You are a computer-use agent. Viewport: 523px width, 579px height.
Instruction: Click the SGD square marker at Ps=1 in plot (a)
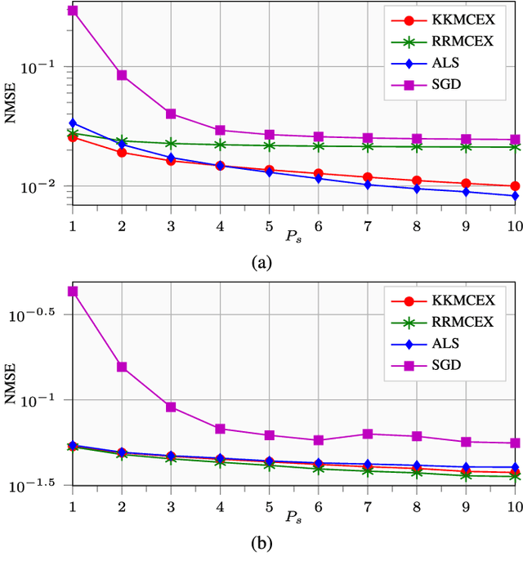[x=73, y=11]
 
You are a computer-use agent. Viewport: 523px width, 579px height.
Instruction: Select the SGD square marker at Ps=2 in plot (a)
[x=122, y=75]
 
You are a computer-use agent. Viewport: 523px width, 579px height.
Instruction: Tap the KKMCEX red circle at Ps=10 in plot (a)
[x=515, y=186]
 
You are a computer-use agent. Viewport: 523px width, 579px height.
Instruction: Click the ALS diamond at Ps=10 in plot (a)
[x=515, y=196]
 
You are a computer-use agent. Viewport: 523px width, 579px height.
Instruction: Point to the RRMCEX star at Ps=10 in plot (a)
[x=515, y=147]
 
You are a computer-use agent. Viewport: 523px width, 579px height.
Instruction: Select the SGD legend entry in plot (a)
[x=448, y=82]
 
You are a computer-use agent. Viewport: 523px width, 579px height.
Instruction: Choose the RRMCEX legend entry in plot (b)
[x=448, y=322]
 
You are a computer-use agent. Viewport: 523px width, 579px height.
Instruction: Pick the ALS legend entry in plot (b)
[x=448, y=343]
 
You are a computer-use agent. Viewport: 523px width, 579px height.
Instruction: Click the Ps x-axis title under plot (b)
[x=293, y=516]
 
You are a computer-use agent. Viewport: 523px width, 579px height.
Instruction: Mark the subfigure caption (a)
[x=261, y=262]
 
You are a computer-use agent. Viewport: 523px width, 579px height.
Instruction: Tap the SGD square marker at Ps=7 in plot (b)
[x=368, y=434]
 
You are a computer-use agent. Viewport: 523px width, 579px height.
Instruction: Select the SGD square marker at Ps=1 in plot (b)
[x=73, y=291]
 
